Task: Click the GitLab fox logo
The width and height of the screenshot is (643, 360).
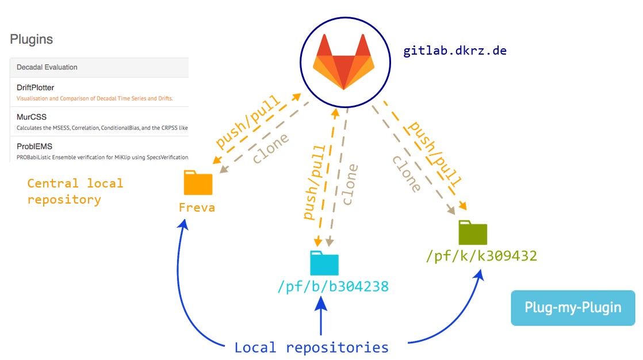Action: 343,62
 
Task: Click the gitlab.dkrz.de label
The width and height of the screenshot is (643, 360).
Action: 454,50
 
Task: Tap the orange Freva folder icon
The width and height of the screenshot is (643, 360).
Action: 198,182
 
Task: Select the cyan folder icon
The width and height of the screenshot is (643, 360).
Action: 324,263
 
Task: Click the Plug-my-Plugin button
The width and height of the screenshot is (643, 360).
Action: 573,308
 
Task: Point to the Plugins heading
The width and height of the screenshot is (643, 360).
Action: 32,40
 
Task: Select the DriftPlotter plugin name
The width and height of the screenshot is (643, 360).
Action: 35,87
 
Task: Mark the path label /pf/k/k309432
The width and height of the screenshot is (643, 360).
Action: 481,256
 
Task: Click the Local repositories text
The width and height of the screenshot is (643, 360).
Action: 311,347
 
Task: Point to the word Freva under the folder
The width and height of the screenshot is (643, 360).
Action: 197,207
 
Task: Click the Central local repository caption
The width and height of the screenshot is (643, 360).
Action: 75,192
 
